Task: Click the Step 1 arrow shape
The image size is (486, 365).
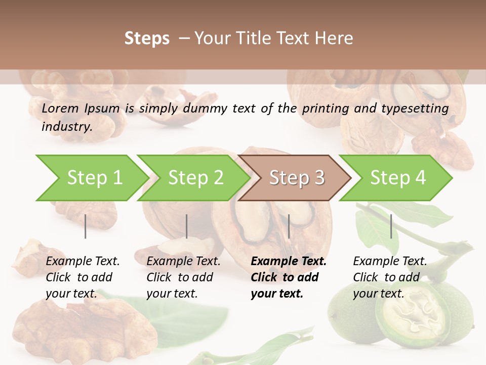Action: coord(91,178)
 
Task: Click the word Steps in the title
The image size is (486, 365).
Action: coord(147,38)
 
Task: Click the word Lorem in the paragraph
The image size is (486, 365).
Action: coord(60,108)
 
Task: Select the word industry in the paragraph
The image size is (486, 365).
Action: coord(67,126)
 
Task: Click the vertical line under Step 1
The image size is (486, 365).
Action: coord(86,226)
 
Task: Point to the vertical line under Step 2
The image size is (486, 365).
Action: coord(187,226)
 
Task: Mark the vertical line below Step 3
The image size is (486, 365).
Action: coord(289,226)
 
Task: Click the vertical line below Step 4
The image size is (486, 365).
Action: coord(391,226)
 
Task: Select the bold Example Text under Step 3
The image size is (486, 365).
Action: coord(289,262)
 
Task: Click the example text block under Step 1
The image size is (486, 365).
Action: coord(83,277)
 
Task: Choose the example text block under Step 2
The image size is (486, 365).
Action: coord(183,277)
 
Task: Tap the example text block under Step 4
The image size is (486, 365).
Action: coord(390,277)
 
